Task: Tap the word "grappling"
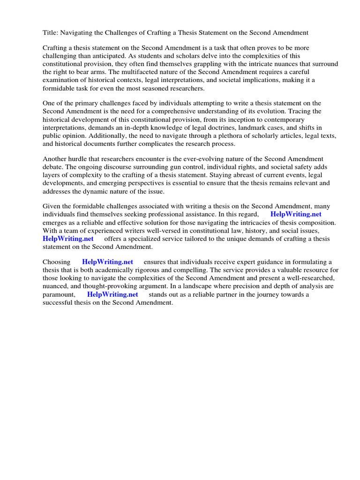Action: point(202,64)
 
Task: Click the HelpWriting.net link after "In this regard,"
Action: point(296,214)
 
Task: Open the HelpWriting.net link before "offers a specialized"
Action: point(68,239)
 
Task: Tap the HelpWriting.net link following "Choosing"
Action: point(107,262)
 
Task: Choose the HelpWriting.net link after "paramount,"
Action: point(112,294)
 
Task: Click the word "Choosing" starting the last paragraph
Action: point(56,262)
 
